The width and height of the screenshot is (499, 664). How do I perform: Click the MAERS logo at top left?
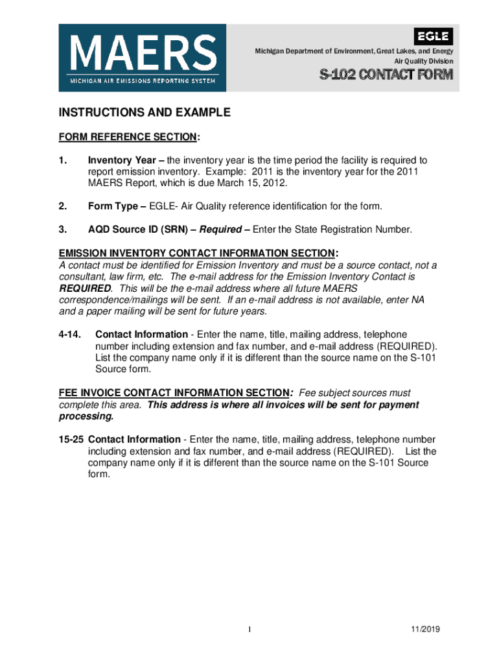(x=143, y=57)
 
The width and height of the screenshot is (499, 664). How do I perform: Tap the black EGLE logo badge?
(x=434, y=36)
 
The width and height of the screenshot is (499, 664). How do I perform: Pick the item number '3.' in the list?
(x=64, y=230)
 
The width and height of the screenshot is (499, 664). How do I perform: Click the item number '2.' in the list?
(x=64, y=206)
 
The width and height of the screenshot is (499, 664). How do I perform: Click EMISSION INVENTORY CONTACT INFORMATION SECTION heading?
(x=197, y=253)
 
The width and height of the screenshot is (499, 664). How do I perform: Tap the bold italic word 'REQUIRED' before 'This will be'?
(x=85, y=288)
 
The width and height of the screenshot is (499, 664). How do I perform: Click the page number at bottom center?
(x=249, y=630)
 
